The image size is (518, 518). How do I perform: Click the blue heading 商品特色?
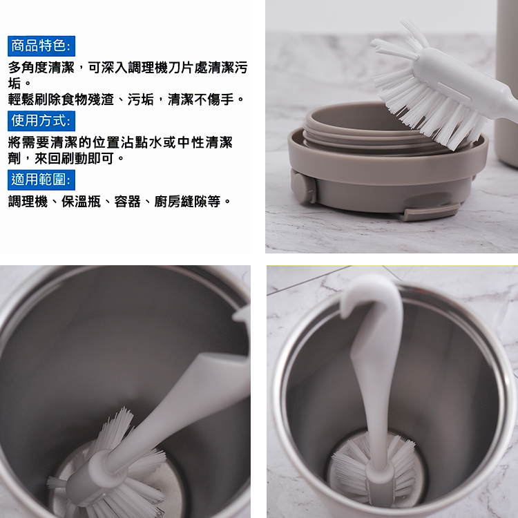[x=41, y=46]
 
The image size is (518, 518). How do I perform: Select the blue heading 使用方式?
[x=41, y=121]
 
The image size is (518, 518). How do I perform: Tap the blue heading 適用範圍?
[x=41, y=180]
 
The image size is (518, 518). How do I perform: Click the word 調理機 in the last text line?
[x=28, y=201]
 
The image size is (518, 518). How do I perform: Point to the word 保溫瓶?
[x=81, y=201]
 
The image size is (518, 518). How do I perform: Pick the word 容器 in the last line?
[x=128, y=201]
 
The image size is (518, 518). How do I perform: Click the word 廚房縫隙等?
[x=187, y=201]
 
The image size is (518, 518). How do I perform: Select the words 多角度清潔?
[x=41, y=68]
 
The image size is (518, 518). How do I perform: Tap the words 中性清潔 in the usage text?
[x=205, y=142]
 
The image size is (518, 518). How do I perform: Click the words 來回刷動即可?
[x=75, y=159]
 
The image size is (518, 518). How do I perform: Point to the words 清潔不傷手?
[x=201, y=99]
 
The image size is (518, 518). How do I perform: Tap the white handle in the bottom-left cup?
[x=185, y=406]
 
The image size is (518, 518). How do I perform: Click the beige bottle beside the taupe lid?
[x=507, y=83]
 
